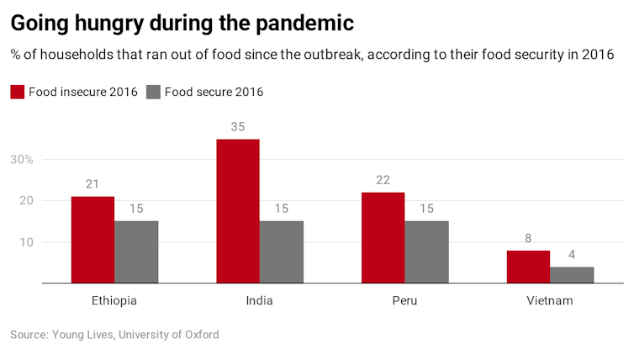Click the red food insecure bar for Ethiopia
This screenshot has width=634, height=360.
(x=92, y=240)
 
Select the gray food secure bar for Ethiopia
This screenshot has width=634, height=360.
(x=136, y=252)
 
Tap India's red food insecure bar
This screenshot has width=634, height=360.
(x=238, y=211)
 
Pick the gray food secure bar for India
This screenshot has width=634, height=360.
(x=282, y=252)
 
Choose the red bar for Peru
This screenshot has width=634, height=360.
(x=383, y=238)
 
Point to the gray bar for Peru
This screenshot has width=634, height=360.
(x=426, y=252)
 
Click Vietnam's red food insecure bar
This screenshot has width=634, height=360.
(x=528, y=267)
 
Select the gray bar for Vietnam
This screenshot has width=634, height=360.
(x=572, y=275)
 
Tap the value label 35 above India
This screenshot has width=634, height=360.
(x=238, y=127)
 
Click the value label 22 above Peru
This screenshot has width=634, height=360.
(x=383, y=180)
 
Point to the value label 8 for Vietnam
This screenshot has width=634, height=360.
(x=528, y=238)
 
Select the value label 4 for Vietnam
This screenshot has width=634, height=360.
(x=572, y=255)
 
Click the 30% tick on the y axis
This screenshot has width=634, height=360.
(x=21, y=159)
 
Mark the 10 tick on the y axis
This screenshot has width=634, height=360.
(x=26, y=242)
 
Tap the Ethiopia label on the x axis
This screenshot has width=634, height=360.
(x=114, y=300)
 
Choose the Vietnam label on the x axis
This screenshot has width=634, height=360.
(x=549, y=300)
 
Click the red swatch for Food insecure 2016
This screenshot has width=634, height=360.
(x=18, y=92)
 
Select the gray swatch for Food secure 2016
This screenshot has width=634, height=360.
(x=153, y=92)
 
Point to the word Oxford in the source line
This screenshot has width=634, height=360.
(x=199, y=335)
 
